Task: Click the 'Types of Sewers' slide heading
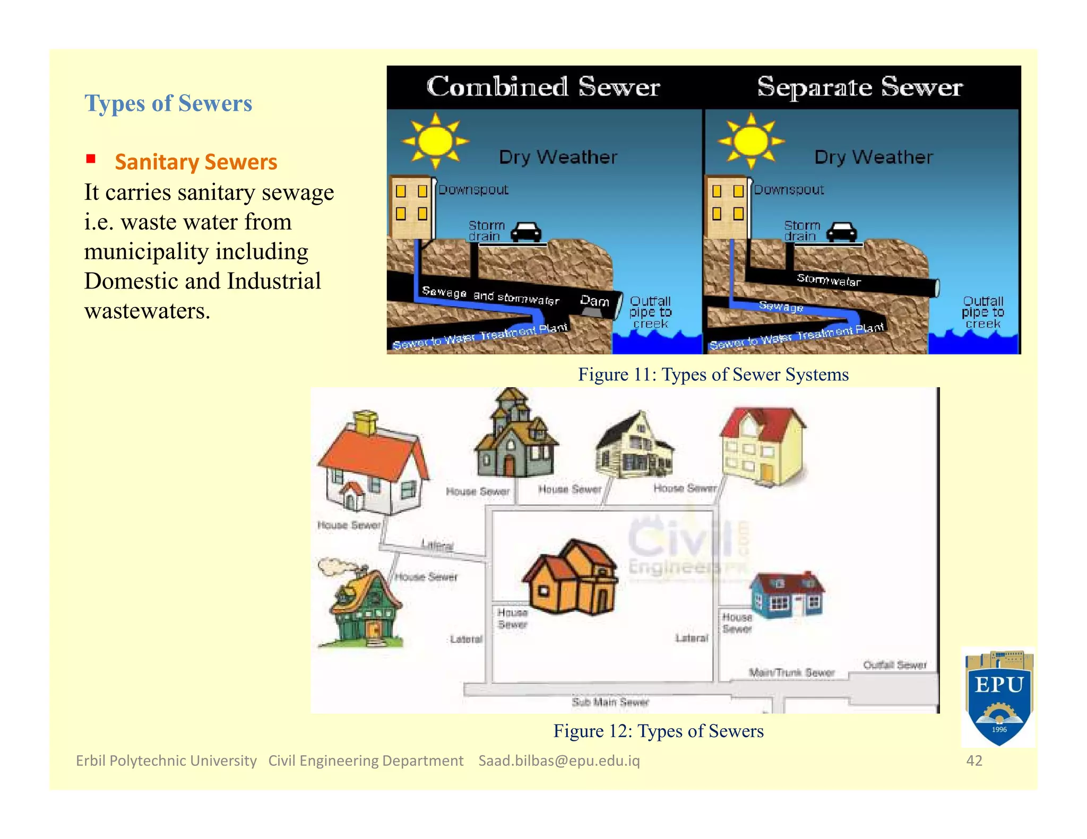(x=168, y=103)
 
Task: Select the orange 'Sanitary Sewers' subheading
(x=196, y=162)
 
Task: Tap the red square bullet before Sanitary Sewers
(x=91, y=159)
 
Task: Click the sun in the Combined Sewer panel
(x=435, y=141)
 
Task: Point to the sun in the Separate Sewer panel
(x=750, y=141)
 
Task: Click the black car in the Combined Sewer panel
(x=525, y=232)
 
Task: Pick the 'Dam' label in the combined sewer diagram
(x=594, y=301)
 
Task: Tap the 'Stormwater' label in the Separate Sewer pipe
(x=828, y=280)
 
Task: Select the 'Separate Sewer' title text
(x=859, y=87)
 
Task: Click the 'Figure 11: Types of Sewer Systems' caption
(x=713, y=374)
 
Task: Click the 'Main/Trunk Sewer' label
(x=791, y=672)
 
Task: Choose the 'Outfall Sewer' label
(x=894, y=665)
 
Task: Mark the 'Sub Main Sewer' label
(x=610, y=702)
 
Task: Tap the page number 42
(x=974, y=761)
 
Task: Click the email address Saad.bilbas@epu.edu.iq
(x=559, y=761)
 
